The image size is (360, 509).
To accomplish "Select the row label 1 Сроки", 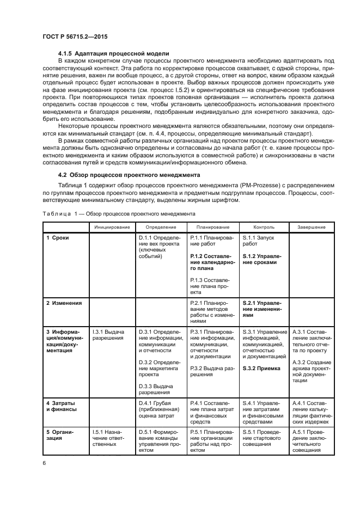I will [57, 237].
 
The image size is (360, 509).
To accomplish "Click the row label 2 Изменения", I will [64, 303].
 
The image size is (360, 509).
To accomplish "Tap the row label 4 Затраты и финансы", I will [61, 406].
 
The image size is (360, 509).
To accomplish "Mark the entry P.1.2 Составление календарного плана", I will [212, 262].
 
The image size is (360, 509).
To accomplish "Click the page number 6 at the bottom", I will [44, 463].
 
